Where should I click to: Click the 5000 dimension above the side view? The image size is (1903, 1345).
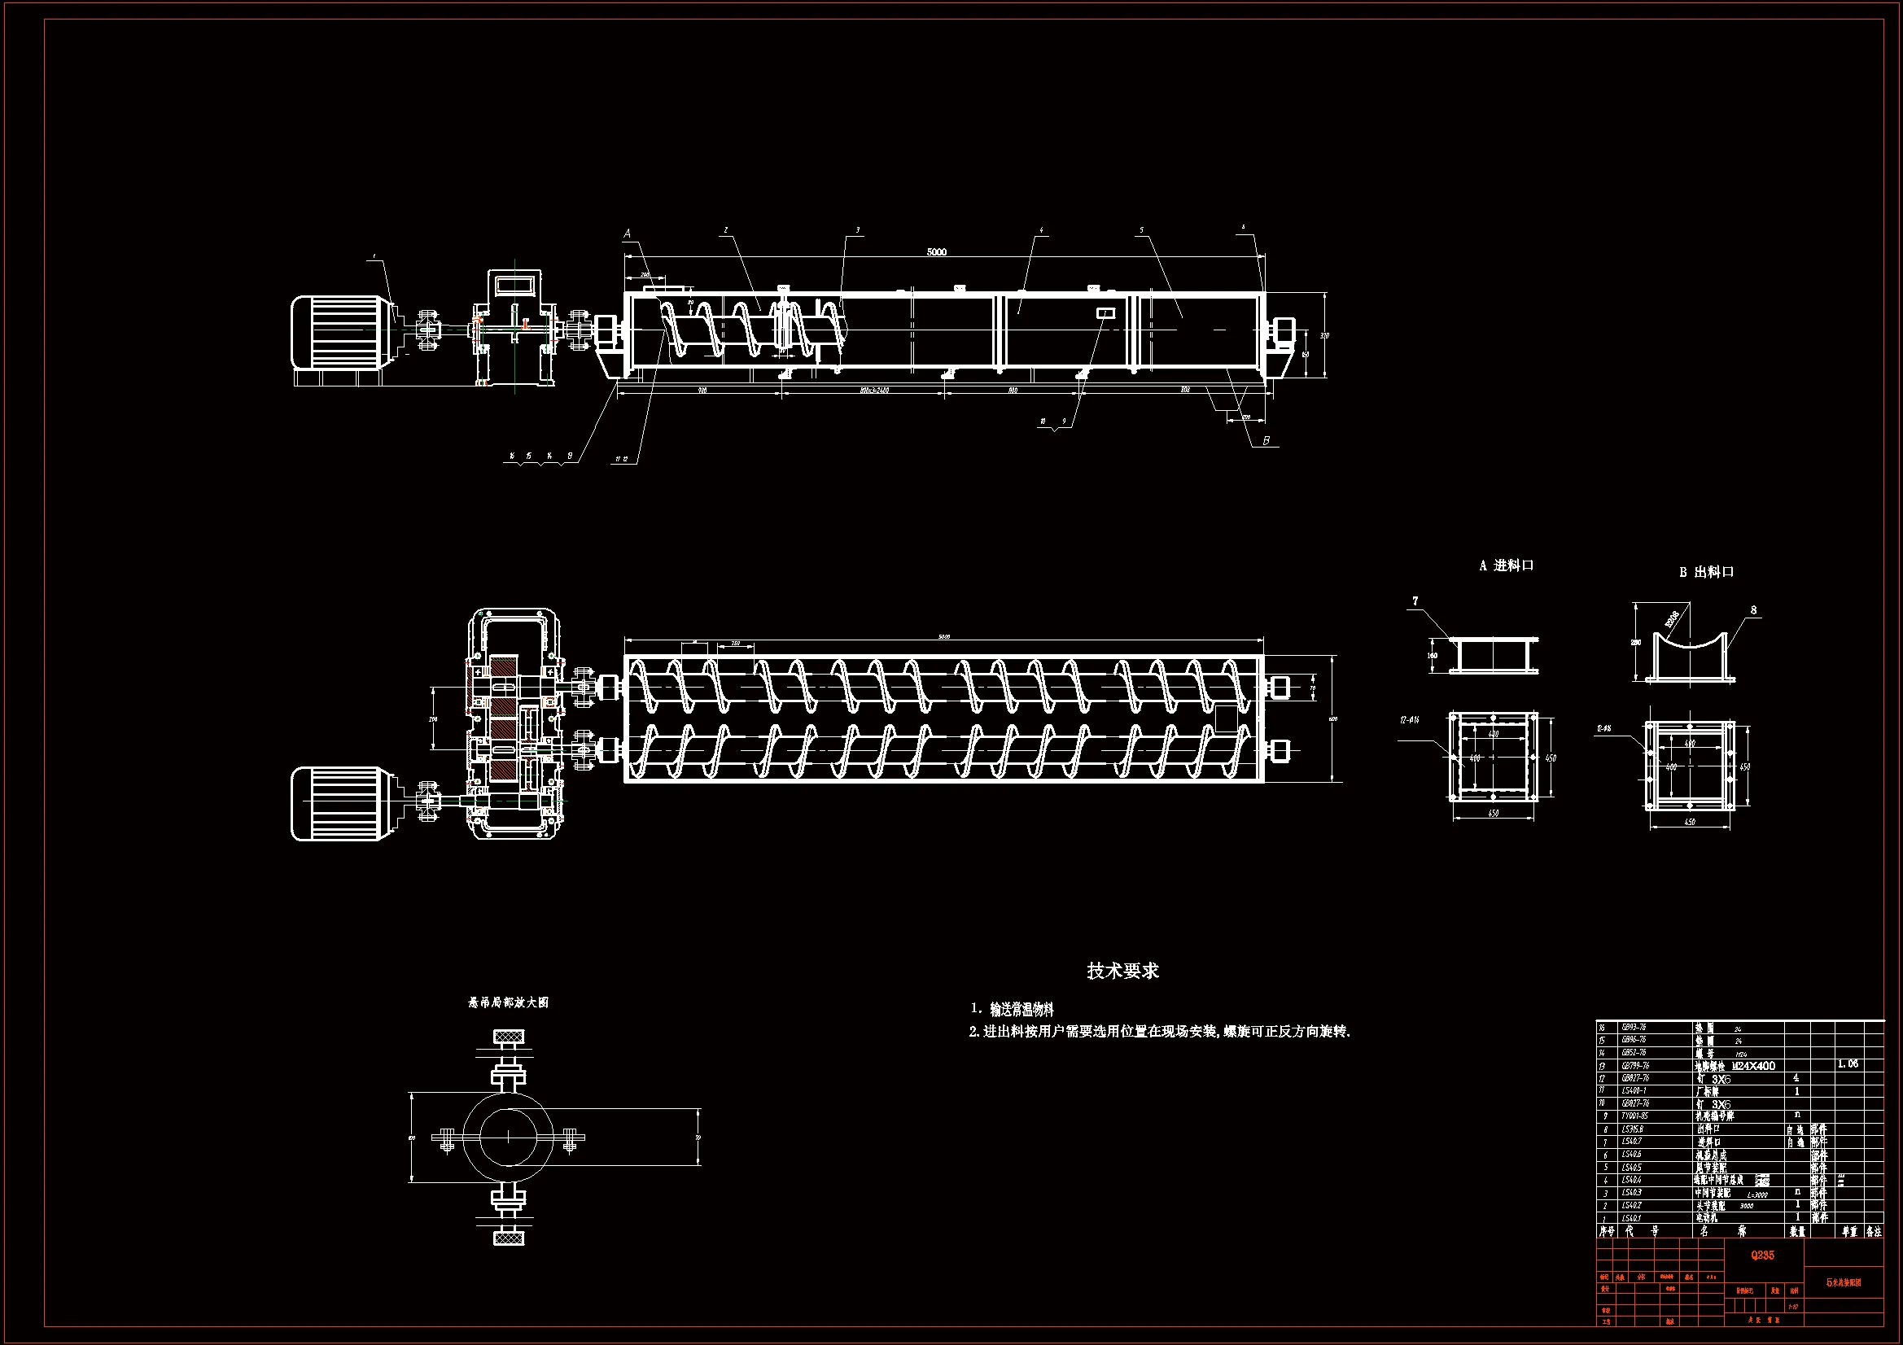coord(936,252)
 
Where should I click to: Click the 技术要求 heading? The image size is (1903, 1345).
coord(1122,971)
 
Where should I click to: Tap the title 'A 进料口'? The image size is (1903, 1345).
coord(1506,566)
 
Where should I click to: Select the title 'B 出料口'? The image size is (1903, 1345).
coord(1707,572)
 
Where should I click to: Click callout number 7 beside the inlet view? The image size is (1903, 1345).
coord(1415,600)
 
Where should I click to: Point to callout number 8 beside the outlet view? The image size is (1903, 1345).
coord(1753,610)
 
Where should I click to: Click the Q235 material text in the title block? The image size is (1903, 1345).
coord(1762,1255)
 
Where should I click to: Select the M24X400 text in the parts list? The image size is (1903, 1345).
coord(1754,1066)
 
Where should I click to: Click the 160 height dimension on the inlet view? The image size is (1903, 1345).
coord(1433,656)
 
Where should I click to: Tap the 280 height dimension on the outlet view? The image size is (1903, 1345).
coord(1636,642)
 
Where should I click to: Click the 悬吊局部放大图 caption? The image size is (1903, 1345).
coord(508,1002)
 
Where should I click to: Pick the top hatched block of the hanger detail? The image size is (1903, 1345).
coord(509,1037)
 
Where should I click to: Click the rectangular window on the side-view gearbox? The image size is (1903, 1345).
coord(514,285)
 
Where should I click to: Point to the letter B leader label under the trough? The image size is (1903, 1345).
coord(1266,441)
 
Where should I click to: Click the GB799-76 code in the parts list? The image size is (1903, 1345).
coord(1635,1066)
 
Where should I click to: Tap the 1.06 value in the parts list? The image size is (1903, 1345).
coord(1848,1063)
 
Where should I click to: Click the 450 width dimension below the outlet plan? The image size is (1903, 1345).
coord(1690,822)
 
